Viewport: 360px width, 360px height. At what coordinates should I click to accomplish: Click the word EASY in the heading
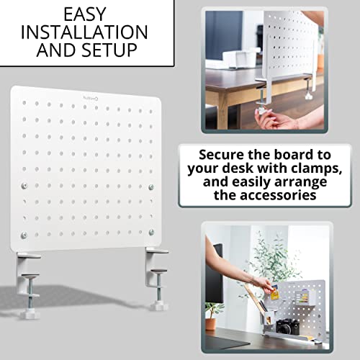pos(85,14)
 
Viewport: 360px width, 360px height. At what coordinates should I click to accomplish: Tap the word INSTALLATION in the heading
pos(84,32)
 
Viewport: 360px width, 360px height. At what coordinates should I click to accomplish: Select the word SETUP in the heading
pos(109,50)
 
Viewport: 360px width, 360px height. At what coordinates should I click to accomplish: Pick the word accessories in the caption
pos(265,195)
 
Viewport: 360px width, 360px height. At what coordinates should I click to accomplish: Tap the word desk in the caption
pos(238,168)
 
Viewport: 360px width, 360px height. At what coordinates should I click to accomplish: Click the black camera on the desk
pos(287,326)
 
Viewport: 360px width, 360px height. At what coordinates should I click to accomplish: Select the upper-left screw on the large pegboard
pos(24,186)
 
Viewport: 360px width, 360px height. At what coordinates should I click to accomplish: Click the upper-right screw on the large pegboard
pos(151,187)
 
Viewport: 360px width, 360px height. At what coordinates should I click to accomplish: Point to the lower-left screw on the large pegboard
pos(24,235)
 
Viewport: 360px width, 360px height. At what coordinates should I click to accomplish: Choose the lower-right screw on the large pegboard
pos(151,232)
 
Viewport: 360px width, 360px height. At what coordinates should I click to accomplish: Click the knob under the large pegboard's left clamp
pos(30,315)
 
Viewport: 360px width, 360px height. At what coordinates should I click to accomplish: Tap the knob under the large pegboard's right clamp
pos(160,306)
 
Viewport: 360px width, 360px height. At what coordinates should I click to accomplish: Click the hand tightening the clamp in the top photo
pos(276,117)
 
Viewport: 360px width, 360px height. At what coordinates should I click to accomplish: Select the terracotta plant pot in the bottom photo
pos(210,324)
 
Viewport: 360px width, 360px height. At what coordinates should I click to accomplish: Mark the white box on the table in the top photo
pos(240,58)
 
